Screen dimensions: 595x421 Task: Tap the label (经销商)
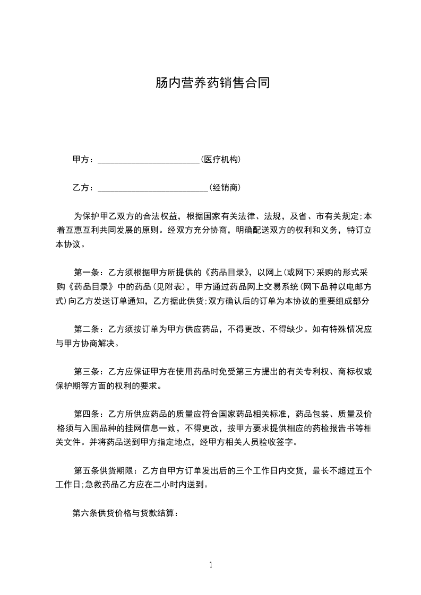pyautogui.click(x=226, y=187)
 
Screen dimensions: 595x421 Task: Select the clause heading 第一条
pyautogui.click(x=86, y=273)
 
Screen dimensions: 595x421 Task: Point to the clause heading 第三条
pyautogui.click(x=86, y=372)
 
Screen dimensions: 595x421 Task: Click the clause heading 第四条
pyautogui.click(x=86, y=414)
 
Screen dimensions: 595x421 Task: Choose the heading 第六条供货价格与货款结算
pyautogui.click(x=125, y=513)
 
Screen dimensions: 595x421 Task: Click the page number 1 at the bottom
pyautogui.click(x=211, y=564)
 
